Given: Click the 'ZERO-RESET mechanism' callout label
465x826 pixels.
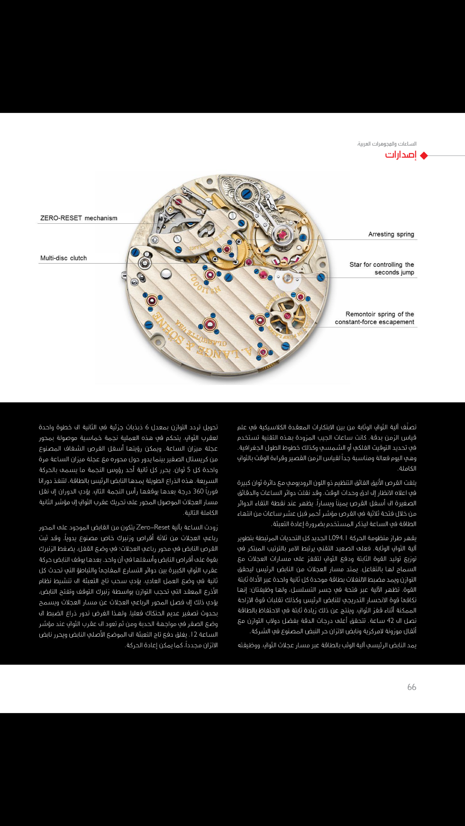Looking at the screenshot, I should coord(79,218).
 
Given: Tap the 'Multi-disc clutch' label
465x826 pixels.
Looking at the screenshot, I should coord(63,258).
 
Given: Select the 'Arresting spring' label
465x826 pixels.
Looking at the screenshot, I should coord(391,234).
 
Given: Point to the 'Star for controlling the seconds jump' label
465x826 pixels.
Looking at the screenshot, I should coord(382,268).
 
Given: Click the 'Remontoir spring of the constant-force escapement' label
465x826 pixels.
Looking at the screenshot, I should coord(374,318).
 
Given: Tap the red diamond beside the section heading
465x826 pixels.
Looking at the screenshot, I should coord(424,156).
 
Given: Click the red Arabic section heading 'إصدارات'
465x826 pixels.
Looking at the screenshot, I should coord(401,155).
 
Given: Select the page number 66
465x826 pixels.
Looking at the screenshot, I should coord(411,687).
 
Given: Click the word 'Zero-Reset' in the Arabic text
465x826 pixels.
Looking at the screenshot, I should coord(153,527).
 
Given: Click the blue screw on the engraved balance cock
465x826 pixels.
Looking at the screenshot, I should coord(246,194).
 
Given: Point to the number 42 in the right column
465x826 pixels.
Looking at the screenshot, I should coord(390,621).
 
